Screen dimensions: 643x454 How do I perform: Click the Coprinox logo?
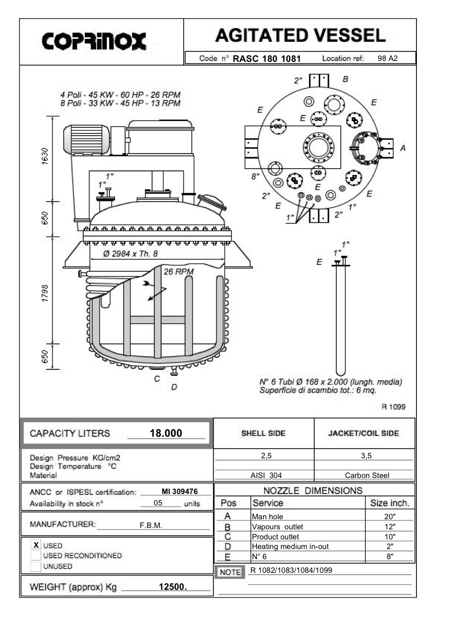[x=94, y=41]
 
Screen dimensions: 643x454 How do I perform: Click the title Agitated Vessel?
[x=300, y=35]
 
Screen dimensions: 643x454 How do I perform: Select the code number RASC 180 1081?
[x=267, y=59]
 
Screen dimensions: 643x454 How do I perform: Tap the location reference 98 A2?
[x=388, y=59]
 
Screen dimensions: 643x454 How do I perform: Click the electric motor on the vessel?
[x=86, y=139]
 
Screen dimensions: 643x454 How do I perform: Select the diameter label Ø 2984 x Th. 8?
[x=131, y=254]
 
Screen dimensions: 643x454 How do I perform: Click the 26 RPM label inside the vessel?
[x=179, y=272]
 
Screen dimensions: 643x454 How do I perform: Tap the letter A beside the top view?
[x=403, y=148]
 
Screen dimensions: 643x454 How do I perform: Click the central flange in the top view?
[x=318, y=148]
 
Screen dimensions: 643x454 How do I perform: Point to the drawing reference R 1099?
[x=393, y=407]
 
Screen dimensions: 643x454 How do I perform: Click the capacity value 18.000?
[x=166, y=433]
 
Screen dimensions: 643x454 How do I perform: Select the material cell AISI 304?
[x=266, y=475]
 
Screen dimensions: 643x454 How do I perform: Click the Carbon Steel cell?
[x=367, y=475]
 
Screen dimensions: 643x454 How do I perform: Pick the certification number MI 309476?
[x=180, y=491]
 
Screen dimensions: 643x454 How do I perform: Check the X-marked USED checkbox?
[x=36, y=545]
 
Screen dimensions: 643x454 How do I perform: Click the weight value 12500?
[x=173, y=587]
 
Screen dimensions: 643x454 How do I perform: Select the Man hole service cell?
[x=268, y=517]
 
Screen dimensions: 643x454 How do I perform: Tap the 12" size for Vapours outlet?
[x=390, y=527]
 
